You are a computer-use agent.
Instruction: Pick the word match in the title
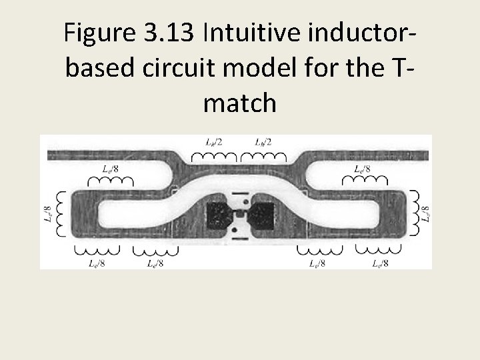(240, 103)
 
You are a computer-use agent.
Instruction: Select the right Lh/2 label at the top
(263, 142)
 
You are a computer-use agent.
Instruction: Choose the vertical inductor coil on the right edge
(414, 213)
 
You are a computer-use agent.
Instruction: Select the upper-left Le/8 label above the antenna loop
(110, 169)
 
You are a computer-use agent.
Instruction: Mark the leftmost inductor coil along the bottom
(95, 250)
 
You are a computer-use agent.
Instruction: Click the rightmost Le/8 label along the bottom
(380, 263)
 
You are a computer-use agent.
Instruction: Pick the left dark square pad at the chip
(219, 214)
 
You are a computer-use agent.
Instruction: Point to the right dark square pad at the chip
(262, 214)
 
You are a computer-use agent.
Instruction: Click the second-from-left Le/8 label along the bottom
(155, 263)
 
